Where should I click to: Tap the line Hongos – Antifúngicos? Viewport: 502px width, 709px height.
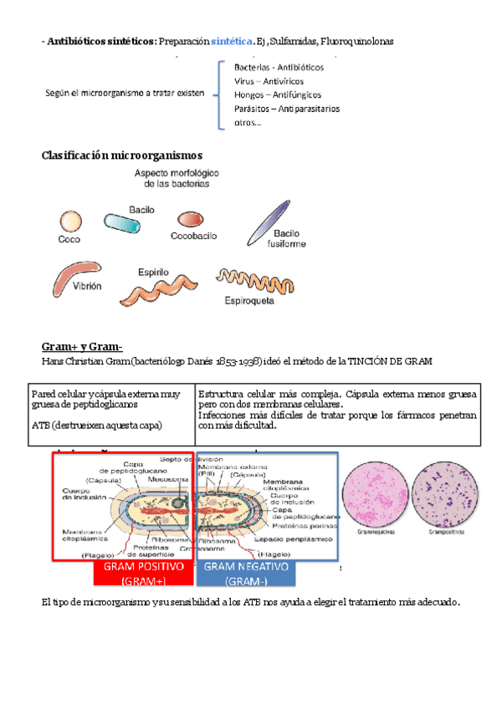tap(278, 95)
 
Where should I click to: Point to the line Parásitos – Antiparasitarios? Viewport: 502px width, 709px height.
tap(286, 109)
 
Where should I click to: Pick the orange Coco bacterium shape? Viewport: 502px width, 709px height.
tap(69, 222)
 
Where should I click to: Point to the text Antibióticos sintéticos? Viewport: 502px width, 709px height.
tap(100, 41)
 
